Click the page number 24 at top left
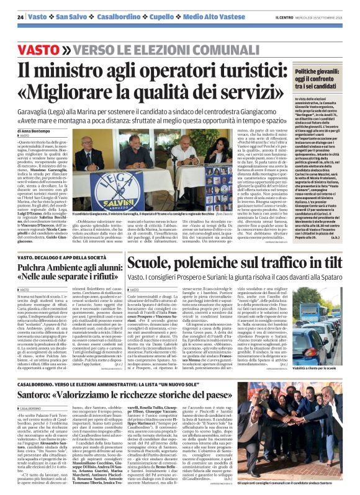21,17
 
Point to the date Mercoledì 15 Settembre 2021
320,17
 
